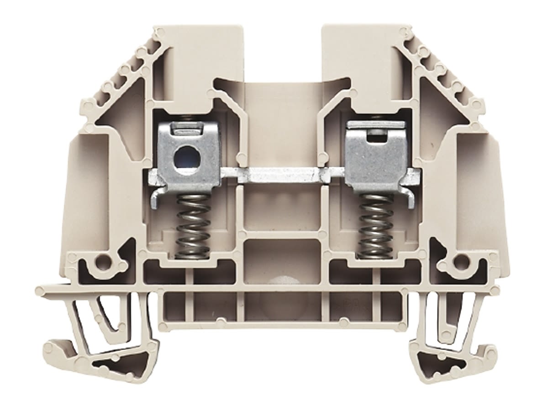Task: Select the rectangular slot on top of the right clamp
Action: tap(376, 133)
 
